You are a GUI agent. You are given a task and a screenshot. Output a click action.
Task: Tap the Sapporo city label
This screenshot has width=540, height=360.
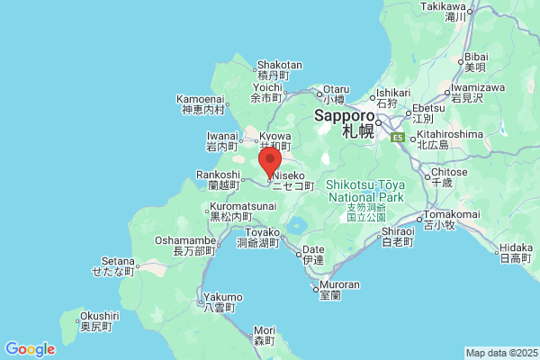coord(344,117)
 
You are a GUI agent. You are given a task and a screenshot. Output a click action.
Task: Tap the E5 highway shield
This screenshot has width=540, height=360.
coord(397,138)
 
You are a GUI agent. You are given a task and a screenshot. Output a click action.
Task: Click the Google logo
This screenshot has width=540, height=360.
coord(30,348)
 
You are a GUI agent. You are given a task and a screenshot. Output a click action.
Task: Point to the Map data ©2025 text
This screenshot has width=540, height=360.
coord(500,352)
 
